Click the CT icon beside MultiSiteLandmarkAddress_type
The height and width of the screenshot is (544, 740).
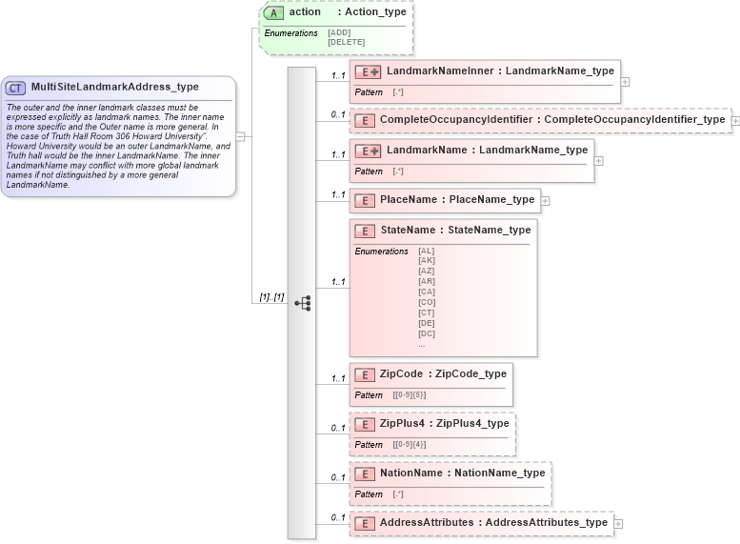pos(16,88)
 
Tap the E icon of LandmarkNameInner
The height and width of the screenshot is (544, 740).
pos(368,71)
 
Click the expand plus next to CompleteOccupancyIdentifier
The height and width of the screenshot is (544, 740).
pos(735,121)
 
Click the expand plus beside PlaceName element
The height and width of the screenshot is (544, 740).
pos(545,200)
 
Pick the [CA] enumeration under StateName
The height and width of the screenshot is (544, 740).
pos(426,292)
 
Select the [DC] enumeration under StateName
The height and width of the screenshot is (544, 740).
pos(426,333)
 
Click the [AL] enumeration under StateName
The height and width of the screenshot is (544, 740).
pos(426,251)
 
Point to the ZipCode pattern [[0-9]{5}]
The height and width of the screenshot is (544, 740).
pos(410,395)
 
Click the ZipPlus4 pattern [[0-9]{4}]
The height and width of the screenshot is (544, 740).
pos(410,445)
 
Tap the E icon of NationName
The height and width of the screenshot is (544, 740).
pos(364,473)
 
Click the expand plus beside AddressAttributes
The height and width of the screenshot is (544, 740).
pos(618,523)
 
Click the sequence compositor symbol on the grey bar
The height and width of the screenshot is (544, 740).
pos(302,303)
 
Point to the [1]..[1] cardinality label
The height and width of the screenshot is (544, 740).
pos(271,297)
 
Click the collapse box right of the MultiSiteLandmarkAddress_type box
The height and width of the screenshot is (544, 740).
pos(241,136)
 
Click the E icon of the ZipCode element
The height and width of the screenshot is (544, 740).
pos(364,374)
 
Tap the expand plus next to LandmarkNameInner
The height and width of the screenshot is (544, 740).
pos(625,81)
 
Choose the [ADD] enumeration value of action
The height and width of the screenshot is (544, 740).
pos(339,32)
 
